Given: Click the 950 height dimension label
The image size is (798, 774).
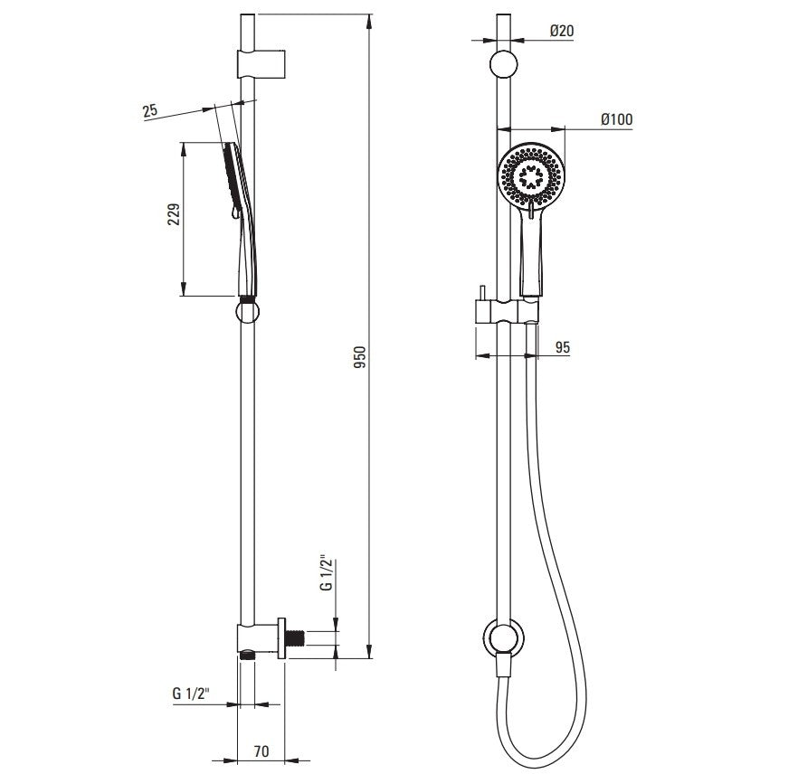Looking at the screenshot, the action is (360, 357).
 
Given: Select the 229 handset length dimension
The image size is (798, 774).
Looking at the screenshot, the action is (174, 214).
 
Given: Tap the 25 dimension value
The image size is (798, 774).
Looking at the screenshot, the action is (150, 110).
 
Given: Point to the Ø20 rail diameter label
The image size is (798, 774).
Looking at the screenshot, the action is (562, 31).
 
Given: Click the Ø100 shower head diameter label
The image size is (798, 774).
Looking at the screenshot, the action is (617, 119).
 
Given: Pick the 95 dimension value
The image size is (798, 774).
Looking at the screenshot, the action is (563, 348).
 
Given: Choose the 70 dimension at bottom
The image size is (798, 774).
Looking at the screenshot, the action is (261, 750).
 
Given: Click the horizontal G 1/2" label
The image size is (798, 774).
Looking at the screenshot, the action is (191, 694).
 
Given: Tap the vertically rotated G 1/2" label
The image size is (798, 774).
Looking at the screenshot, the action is (326, 574).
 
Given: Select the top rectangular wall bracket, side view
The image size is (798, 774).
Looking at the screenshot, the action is (261, 64).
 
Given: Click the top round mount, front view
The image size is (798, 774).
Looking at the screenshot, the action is (503, 64).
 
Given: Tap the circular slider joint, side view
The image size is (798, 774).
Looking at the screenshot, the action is (247, 311).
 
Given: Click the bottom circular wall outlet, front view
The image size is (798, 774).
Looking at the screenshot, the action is (503, 637).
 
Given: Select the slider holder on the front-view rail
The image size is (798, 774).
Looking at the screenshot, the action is (506, 311).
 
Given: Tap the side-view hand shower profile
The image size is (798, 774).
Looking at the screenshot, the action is (242, 219).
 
